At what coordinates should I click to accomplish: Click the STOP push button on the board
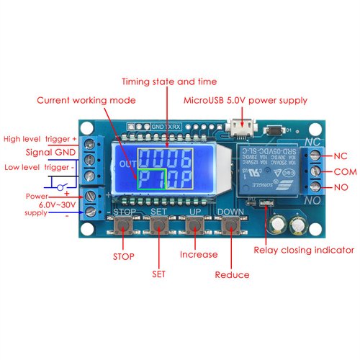[123, 227]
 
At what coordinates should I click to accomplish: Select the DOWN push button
[230, 227]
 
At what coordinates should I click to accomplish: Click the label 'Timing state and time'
[169, 81]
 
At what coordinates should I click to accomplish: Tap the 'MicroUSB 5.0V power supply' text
[246, 101]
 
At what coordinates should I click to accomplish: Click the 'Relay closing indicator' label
[304, 251]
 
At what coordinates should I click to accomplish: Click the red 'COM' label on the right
[341, 172]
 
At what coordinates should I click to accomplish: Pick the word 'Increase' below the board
[199, 254]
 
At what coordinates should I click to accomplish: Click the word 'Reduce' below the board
[233, 274]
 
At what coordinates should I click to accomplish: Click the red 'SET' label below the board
[158, 274]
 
